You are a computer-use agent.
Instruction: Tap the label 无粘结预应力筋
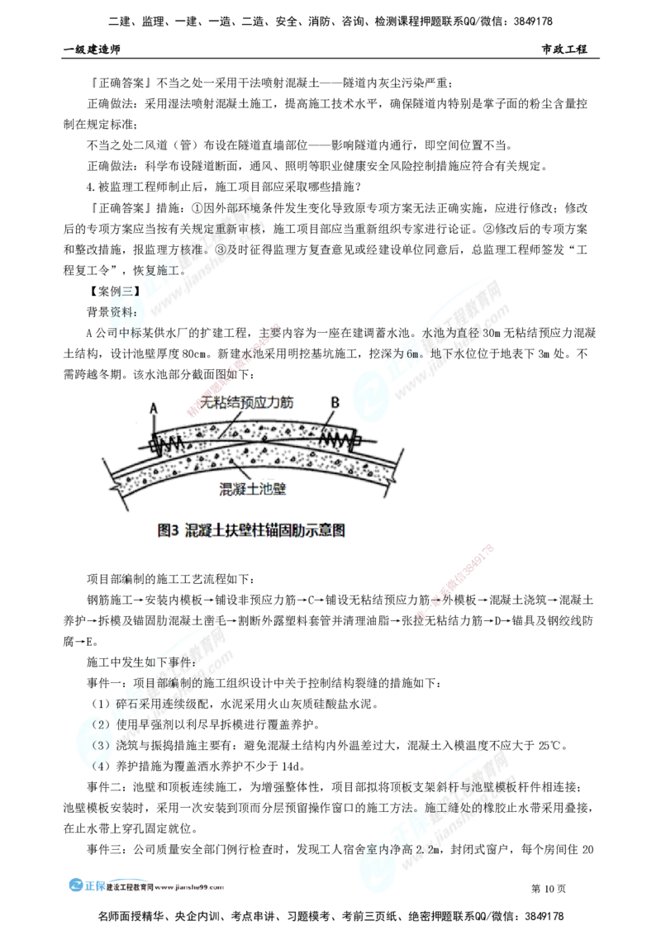(247, 402)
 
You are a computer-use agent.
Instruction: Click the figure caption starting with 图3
(251, 532)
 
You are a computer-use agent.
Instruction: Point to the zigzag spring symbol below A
(170, 444)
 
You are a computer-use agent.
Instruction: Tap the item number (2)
(101, 725)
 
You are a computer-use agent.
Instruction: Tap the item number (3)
(101, 745)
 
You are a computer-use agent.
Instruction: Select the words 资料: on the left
(123, 311)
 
